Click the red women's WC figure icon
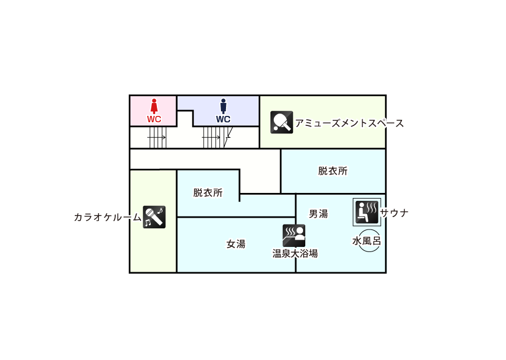(x=154, y=106)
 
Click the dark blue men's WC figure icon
(x=223, y=106)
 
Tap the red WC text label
(x=154, y=119)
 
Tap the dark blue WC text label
(x=223, y=119)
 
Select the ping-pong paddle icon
(x=282, y=122)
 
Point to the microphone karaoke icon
(x=153, y=217)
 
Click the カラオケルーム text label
(x=107, y=217)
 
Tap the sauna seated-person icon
(x=367, y=212)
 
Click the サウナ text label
(x=395, y=213)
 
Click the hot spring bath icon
(x=293, y=236)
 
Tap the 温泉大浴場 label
(x=295, y=254)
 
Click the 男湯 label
(x=318, y=214)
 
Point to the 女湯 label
(x=236, y=244)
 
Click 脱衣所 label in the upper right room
(x=333, y=171)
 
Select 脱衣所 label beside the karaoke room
(x=208, y=192)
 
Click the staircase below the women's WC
(x=157, y=137)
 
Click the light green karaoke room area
(x=153, y=247)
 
